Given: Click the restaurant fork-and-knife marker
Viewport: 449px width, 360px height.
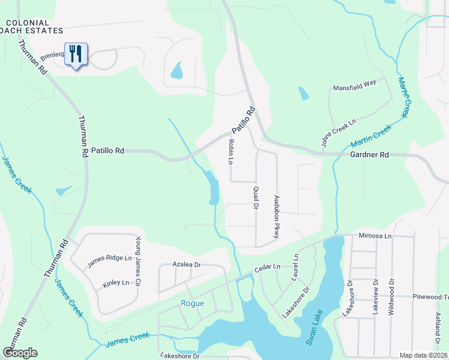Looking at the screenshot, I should (x=76, y=54).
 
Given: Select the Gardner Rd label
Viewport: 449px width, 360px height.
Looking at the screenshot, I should (x=369, y=155).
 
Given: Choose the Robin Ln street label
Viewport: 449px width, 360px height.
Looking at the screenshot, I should (x=231, y=152).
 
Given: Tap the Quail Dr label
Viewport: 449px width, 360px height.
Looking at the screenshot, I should (x=255, y=197).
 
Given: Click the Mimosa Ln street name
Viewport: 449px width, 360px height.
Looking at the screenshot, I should (x=375, y=236).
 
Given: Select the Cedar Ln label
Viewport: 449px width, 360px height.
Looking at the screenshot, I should (x=267, y=266).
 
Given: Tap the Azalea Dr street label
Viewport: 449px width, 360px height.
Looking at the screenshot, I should (x=186, y=264).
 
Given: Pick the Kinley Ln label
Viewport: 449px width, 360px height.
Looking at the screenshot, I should (x=116, y=283).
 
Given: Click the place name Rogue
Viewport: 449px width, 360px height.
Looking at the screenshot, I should (x=192, y=303).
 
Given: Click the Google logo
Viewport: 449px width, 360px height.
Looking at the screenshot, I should (x=20, y=353).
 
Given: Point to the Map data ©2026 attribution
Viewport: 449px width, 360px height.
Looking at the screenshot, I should (x=423, y=355).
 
